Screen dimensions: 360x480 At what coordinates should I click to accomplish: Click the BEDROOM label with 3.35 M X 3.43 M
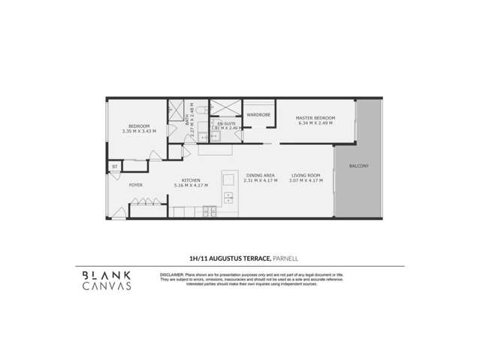(x=138, y=126)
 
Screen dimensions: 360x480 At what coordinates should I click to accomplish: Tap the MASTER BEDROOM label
(x=315, y=118)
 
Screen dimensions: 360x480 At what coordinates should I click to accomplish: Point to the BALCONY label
(x=358, y=165)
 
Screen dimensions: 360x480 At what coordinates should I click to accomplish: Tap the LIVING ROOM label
(x=306, y=176)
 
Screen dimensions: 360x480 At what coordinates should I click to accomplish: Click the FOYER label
(x=136, y=185)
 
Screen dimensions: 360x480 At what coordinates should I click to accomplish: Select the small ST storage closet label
(x=115, y=166)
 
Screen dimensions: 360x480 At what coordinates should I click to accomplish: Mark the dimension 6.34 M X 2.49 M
(x=315, y=123)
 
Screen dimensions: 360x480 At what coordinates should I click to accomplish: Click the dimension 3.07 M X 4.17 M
(x=306, y=181)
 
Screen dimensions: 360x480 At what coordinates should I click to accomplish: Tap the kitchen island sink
(x=228, y=198)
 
